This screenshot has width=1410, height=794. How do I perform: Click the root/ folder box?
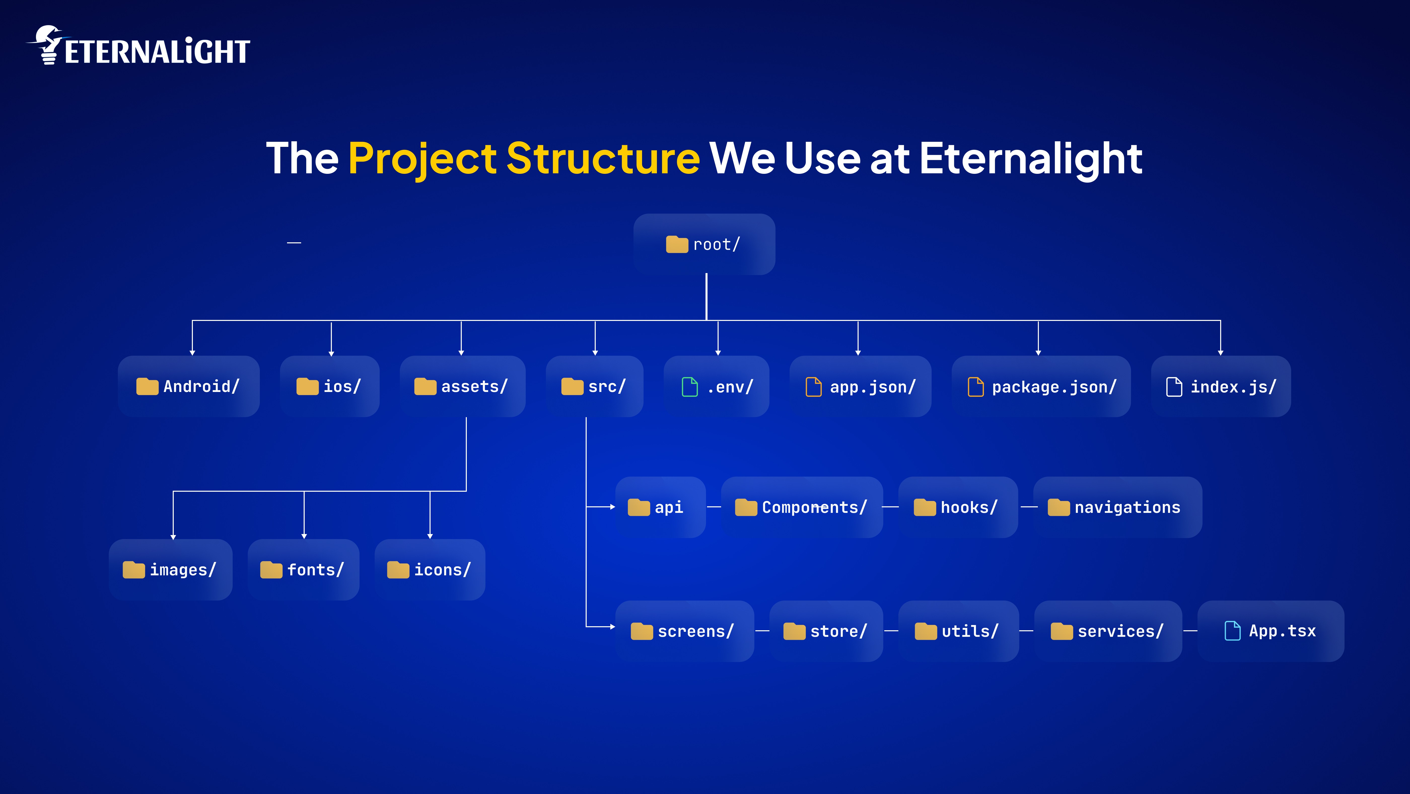pyautogui.click(x=704, y=244)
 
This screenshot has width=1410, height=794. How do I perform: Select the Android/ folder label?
pyautogui.click(x=201, y=387)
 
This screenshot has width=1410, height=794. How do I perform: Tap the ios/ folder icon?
pyautogui.click(x=307, y=387)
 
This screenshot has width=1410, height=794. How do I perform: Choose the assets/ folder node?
pyautogui.click(x=463, y=387)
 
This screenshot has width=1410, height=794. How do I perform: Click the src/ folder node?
pyautogui.click(x=594, y=387)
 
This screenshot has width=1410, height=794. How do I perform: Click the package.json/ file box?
pyautogui.click(x=1041, y=387)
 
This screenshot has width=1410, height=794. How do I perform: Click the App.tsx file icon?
pyautogui.click(x=1232, y=631)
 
